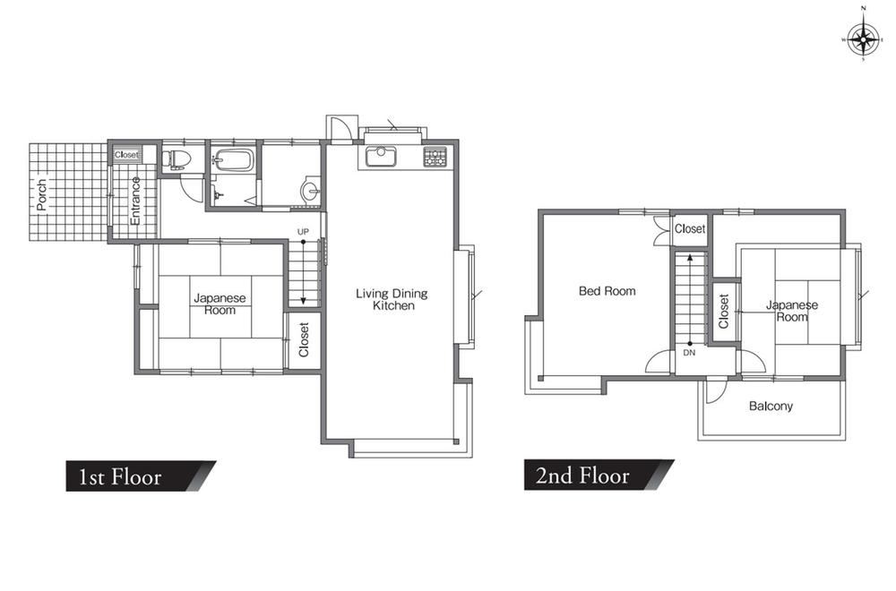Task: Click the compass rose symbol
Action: click(863, 40)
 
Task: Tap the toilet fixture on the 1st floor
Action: click(174, 159)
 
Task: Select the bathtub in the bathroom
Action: click(233, 160)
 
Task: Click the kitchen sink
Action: click(381, 156)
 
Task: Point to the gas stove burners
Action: click(435, 157)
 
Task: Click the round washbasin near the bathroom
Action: click(311, 190)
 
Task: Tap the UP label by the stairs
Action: click(303, 232)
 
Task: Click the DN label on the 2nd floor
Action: click(689, 353)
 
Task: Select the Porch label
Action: click(42, 194)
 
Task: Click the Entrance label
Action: click(135, 201)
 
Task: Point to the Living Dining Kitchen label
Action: click(392, 299)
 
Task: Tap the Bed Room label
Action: click(607, 291)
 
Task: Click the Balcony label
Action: click(771, 406)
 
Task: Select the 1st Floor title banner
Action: click(141, 476)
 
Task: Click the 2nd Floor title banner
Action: click(599, 475)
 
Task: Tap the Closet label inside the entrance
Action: click(126, 155)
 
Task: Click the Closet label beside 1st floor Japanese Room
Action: click(304, 339)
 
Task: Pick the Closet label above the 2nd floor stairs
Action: click(690, 229)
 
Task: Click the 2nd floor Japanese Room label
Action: click(792, 312)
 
